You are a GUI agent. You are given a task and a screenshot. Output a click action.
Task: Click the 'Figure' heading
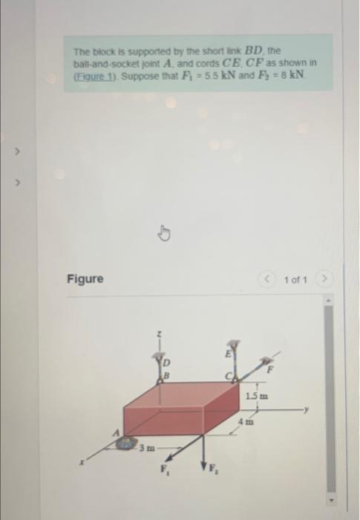85,279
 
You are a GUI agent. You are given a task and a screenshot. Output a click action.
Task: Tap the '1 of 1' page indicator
295,280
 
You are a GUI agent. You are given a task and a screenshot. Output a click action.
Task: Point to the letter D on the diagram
166,362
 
